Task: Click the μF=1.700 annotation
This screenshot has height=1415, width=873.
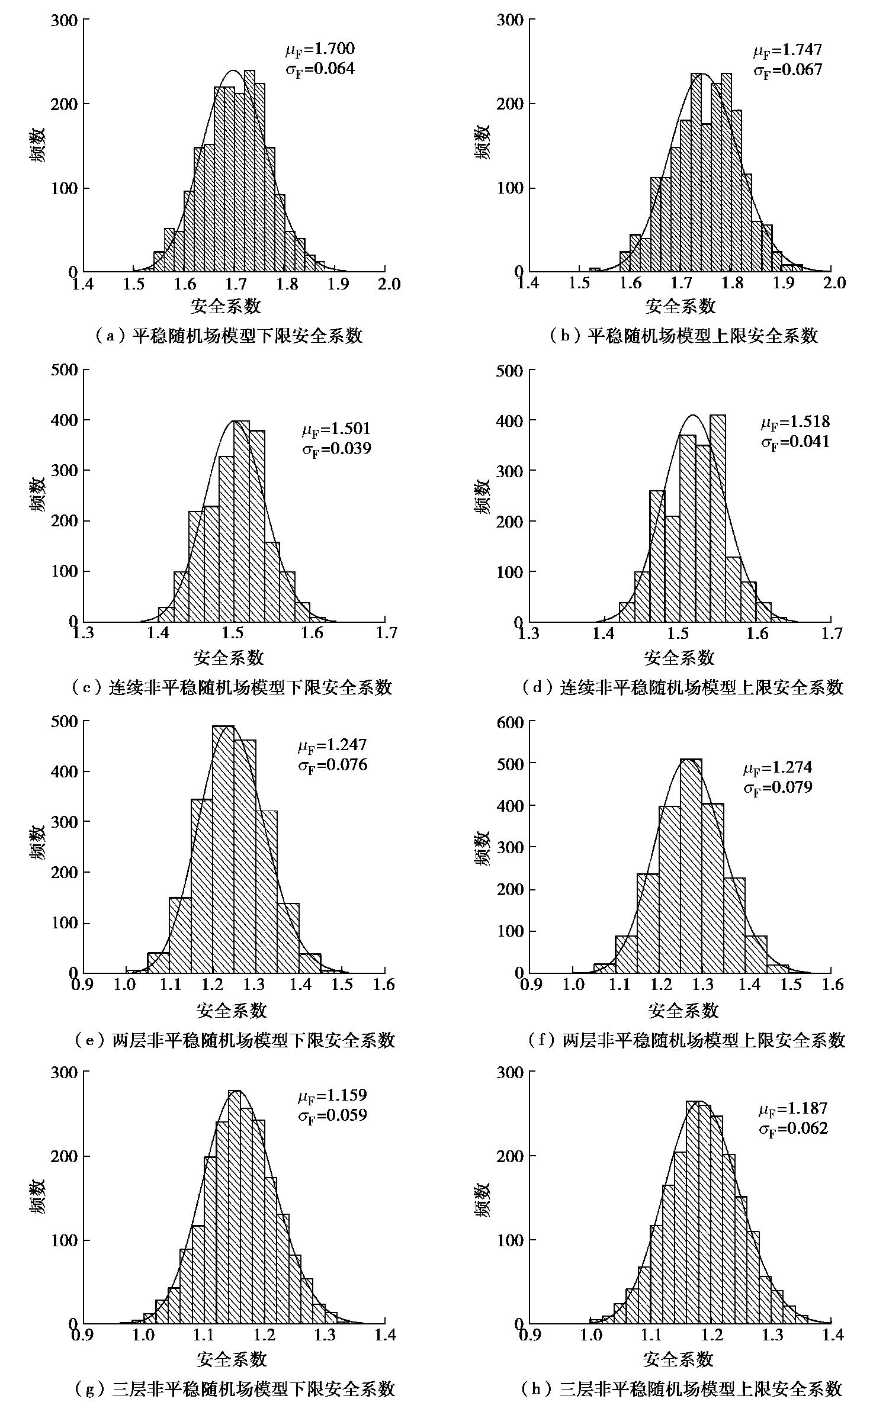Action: [320, 49]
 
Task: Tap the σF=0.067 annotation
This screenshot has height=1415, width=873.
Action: [788, 70]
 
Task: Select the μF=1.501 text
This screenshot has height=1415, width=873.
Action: [336, 428]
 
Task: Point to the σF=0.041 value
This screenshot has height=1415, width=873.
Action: [795, 442]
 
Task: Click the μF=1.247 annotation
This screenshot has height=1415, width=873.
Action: [332, 744]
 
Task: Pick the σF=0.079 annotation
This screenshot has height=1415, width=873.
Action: [778, 788]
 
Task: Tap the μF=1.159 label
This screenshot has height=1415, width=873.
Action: [332, 1095]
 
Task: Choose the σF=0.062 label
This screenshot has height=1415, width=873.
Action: [793, 1128]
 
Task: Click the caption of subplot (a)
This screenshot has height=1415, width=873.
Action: [228, 336]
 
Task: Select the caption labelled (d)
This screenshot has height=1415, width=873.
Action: [682, 687]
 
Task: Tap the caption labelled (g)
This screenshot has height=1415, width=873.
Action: [235, 1388]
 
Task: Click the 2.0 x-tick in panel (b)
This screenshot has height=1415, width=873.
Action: [833, 284]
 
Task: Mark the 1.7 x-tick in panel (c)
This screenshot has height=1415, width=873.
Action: [386, 633]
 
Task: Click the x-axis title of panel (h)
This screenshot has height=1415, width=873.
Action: [678, 1359]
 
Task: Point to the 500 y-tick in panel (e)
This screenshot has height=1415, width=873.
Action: [65, 722]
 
